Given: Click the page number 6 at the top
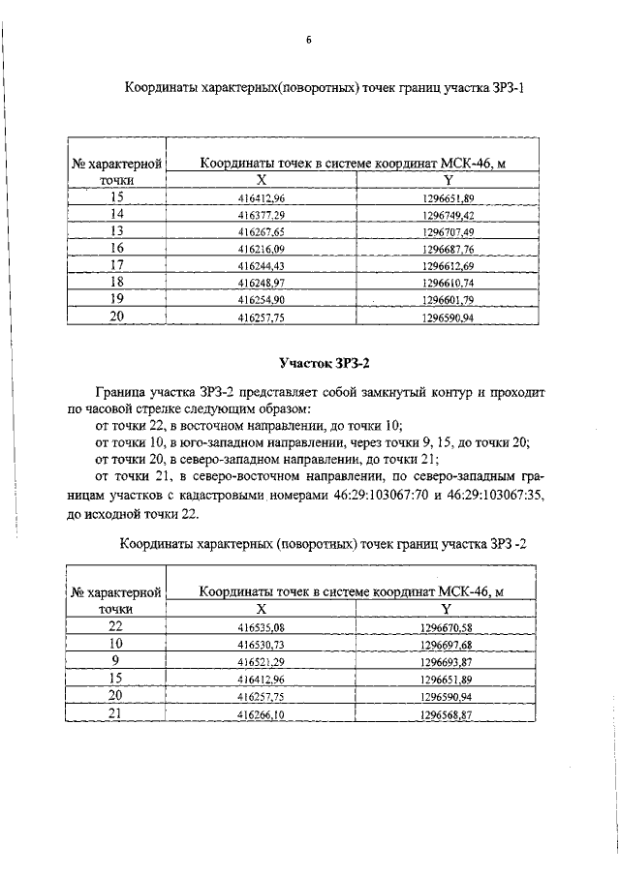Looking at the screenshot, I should coord(308,40).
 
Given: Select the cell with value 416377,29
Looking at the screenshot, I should coord(262,215).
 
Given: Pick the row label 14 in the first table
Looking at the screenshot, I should coord(116,214).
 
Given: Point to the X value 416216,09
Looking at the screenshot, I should coord(262,249).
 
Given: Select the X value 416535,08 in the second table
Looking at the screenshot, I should coord(262,628).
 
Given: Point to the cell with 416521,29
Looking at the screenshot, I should coord(262,662).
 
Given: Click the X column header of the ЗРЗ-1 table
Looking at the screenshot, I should coord(262,180).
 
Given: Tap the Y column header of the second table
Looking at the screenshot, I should coord(447,610).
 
